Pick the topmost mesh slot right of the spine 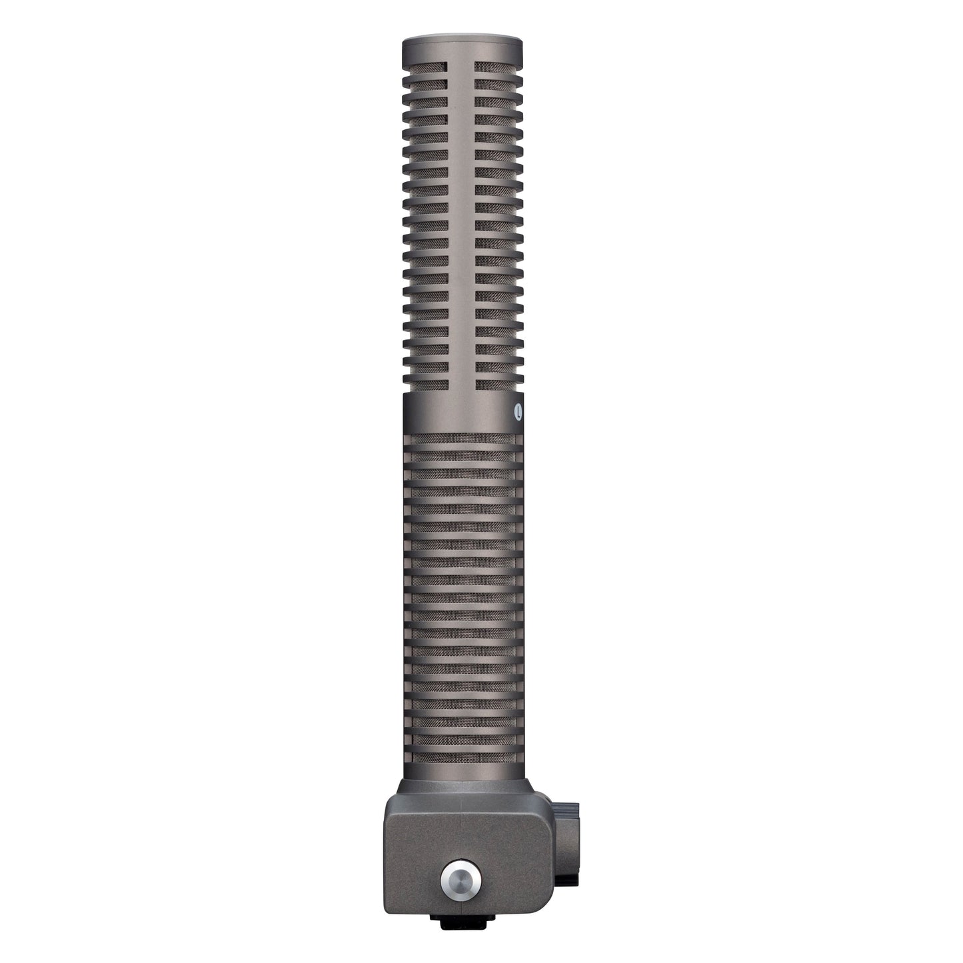point(496,65)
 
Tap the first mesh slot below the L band point(462,439)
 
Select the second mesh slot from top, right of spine point(496,83)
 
